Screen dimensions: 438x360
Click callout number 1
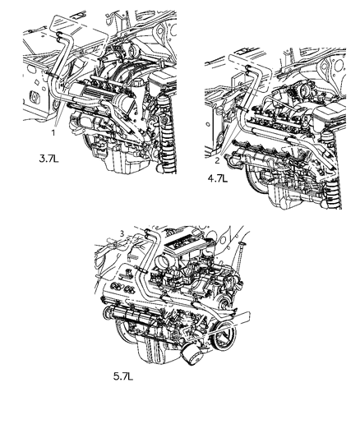tap(53, 131)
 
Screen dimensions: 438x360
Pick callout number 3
tap(121, 233)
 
